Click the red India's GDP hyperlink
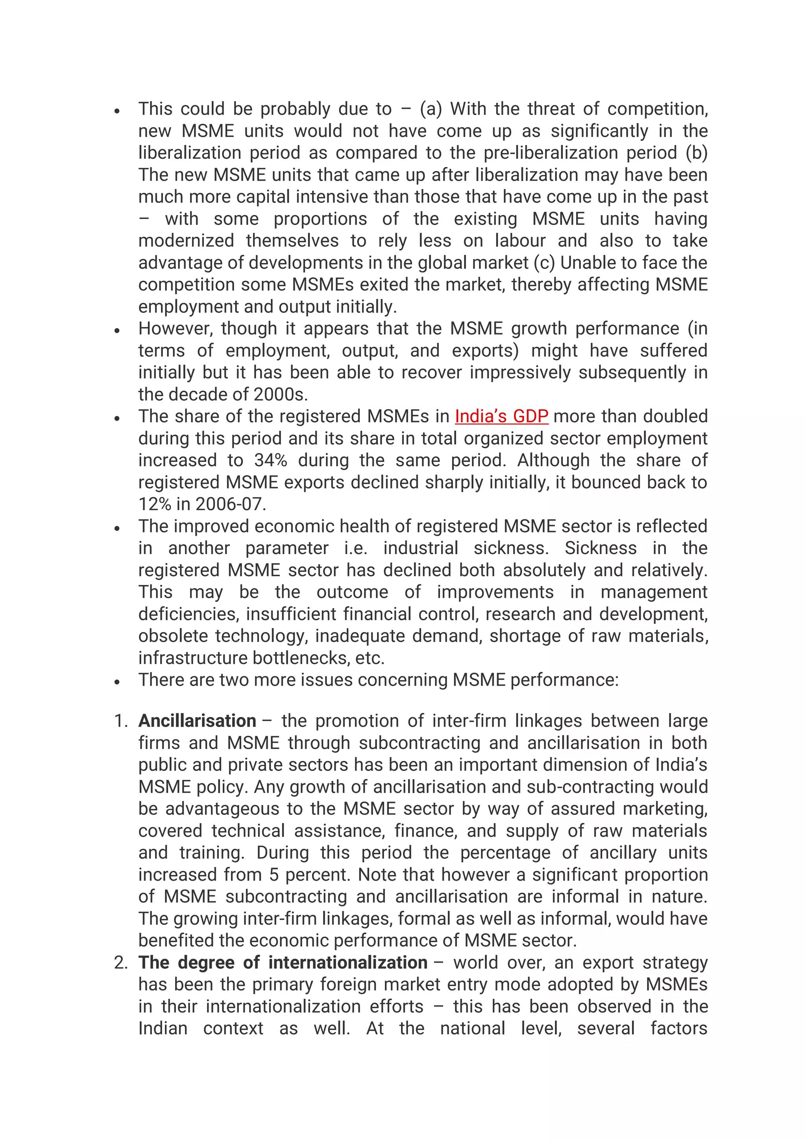(x=501, y=416)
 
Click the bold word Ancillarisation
(x=197, y=721)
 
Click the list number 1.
(x=121, y=721)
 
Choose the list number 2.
(x=121, y=963)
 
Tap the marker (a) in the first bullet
(x=431, y=109)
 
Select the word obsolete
(x=173, y=636)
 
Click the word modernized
(x=186, y=241)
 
